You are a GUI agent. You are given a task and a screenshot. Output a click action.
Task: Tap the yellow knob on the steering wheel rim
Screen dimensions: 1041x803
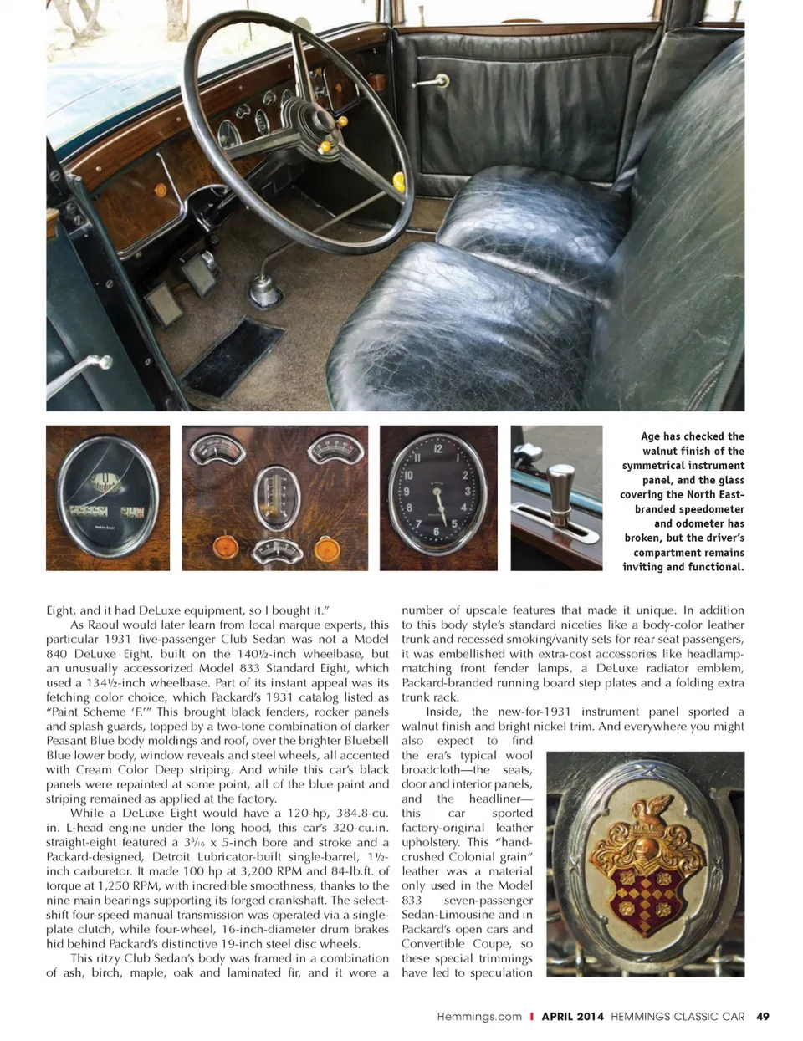[399, 181]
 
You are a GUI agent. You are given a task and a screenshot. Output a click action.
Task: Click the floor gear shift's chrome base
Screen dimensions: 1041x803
[264, 292]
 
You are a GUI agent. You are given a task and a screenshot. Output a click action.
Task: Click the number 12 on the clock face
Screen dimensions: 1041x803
[437, 449]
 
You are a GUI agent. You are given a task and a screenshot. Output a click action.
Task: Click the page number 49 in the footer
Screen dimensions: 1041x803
[762, 1017]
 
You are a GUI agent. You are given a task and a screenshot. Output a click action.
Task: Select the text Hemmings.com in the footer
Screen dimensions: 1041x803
[478, 1017]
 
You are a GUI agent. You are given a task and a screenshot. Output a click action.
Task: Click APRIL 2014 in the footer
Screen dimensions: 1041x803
[572, 1017]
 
